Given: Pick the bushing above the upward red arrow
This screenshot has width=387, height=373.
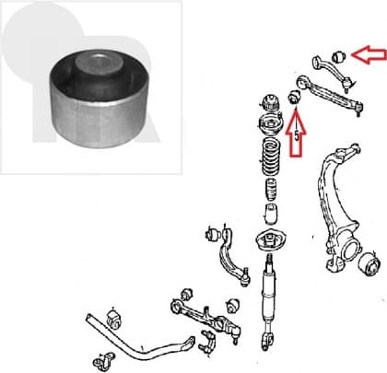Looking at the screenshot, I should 297,96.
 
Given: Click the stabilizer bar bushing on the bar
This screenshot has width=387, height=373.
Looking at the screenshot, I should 115,320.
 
